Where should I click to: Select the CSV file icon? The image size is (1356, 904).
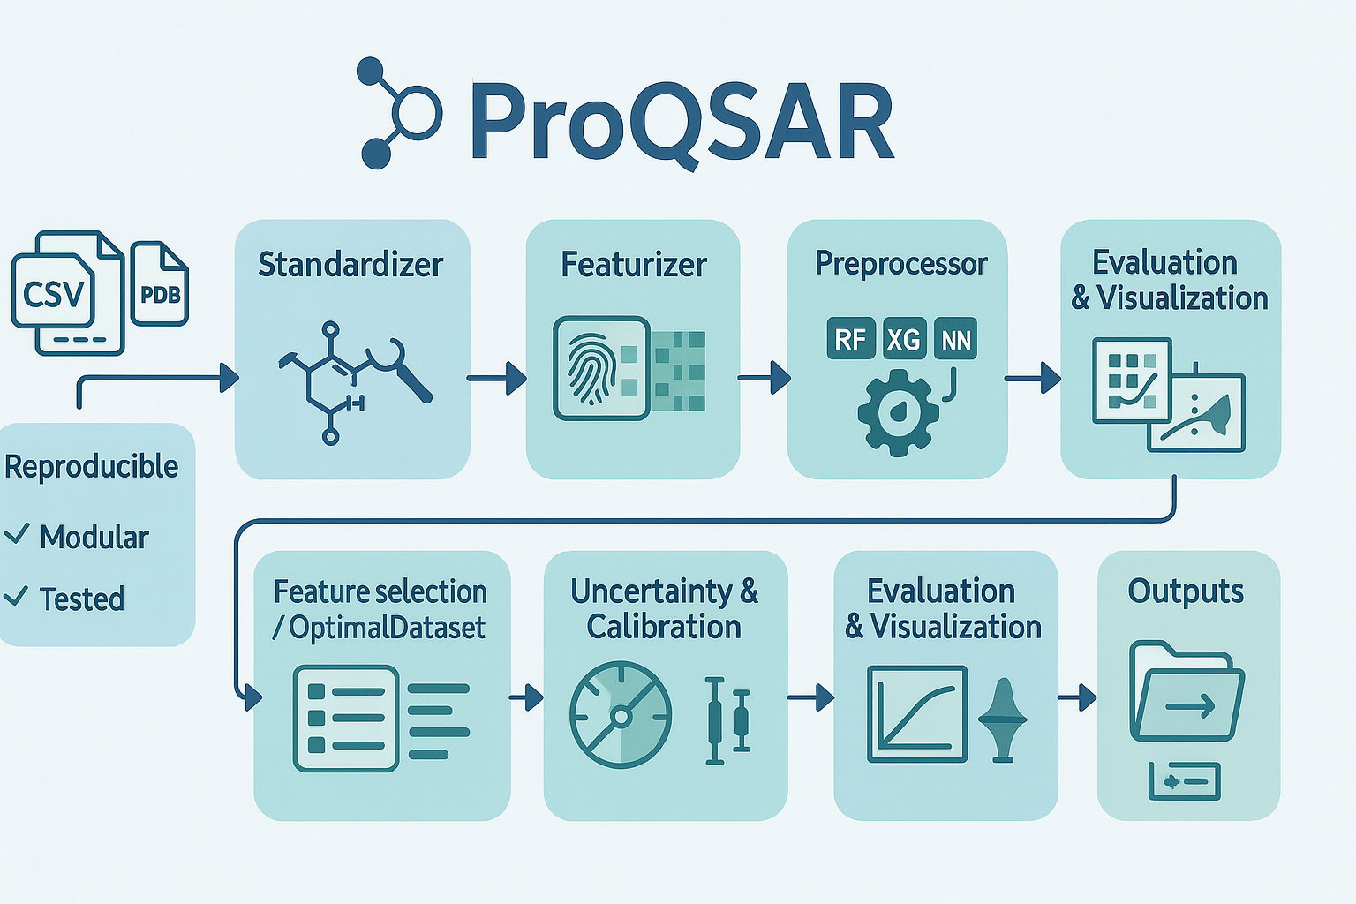point(55,293)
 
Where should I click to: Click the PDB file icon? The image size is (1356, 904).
point(160,283)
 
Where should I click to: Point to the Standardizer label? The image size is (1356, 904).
point(350,264)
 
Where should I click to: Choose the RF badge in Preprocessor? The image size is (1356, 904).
point(850,339)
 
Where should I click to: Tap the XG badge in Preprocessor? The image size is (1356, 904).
point(903,339)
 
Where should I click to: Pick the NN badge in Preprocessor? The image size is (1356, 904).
point(955,339)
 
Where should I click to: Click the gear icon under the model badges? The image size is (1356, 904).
point(898,411)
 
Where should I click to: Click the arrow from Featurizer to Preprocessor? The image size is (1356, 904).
point(765,378)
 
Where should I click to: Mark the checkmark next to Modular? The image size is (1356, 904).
point(18,534)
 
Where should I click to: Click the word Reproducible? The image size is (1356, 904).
point(92,466)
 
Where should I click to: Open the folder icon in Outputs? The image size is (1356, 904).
point(1186,693)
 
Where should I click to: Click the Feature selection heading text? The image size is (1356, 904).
point(380,591)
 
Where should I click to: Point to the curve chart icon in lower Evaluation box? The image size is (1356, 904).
point(917,713)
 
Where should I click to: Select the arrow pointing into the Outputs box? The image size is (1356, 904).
point(1077,697)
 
